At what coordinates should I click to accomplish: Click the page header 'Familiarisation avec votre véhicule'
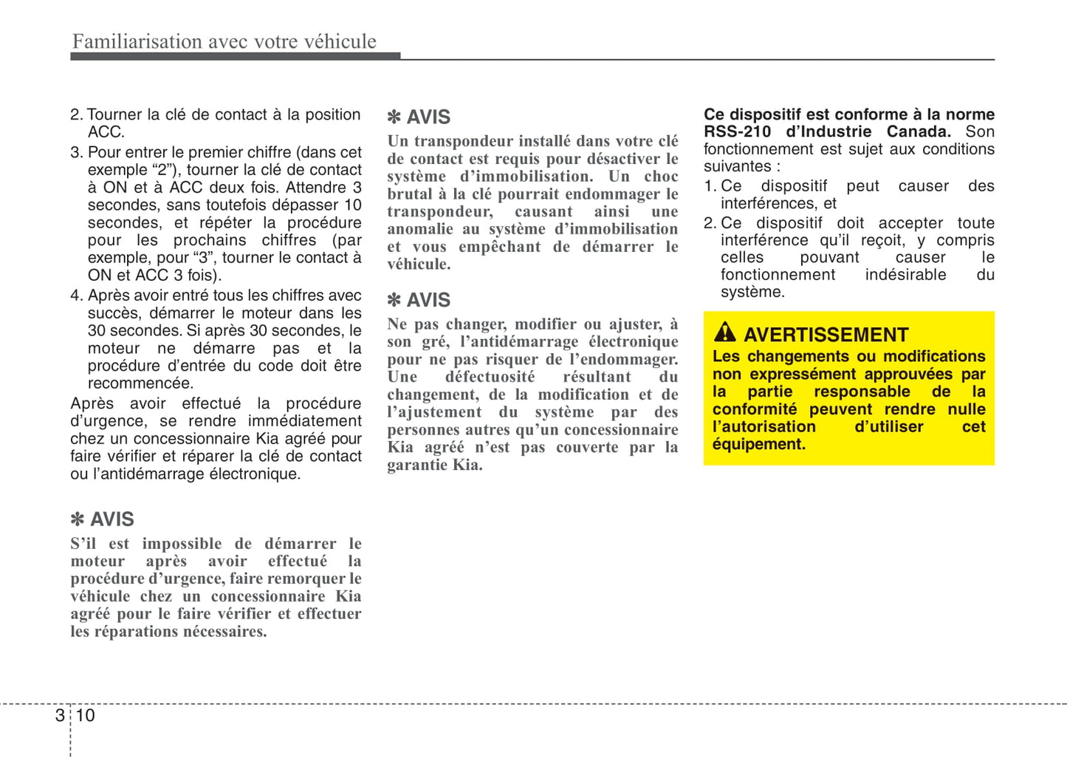pyautogui.click(x=224, y=41)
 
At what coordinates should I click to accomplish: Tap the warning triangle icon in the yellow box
pyautogui.click(x=724, y=332)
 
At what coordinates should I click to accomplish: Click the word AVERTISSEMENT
pyautogui.click(x=826, y=335)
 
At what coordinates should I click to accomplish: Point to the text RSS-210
pyautogui.click(x=737, y=132)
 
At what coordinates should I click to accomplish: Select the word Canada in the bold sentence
pyautogui.click(x=918, y=132)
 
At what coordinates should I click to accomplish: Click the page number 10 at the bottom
pyautogui.click(x=86, y=715)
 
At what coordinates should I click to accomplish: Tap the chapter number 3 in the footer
pyautogui.click(x=60, y=715)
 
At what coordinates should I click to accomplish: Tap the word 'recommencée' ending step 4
pyautogui.click(x=140, y=383)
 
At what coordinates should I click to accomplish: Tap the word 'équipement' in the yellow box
pyautogui.click(x=758, y=444)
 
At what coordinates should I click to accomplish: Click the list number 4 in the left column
pyautogui.click(x=75, y=296)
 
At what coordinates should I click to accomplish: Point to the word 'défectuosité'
pyautogui.click(x=490, y=377)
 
